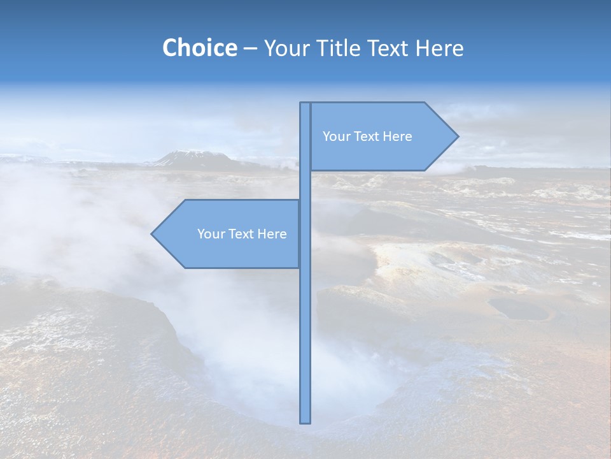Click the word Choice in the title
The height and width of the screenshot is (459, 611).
click(x=199, y=48)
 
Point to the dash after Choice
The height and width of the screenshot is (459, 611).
click(x=250, y=49)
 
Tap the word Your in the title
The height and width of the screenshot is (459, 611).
click(x=286, y=48)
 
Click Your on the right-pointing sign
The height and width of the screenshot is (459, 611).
click(x=336, y=136)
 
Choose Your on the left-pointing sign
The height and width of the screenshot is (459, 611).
click(x=211, y=234)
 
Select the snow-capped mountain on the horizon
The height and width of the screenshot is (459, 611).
click(x=191, y=158)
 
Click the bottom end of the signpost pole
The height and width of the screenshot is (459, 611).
click(x=305, y=421)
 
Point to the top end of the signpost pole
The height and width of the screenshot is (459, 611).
click(x=305, y=105)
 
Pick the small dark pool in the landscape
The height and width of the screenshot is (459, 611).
click(x=519, y=309)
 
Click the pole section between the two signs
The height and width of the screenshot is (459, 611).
click(x=305, y=185)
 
